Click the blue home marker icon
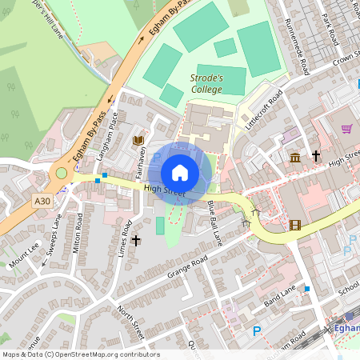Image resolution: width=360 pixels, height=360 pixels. [180, 172]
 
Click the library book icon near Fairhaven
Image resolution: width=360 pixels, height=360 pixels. [137, 140]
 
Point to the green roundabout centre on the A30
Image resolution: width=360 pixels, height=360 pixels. [61, 173]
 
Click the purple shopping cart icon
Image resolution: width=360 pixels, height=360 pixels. [346, 128]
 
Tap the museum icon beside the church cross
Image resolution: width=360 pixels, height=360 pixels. [295, 156]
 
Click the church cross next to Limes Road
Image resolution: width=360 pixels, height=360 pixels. [136, 240]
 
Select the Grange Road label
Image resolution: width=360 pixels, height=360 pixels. [187, 267]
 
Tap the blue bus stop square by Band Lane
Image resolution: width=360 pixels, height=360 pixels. [306, 288]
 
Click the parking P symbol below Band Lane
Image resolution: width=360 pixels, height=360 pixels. [257, 330]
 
